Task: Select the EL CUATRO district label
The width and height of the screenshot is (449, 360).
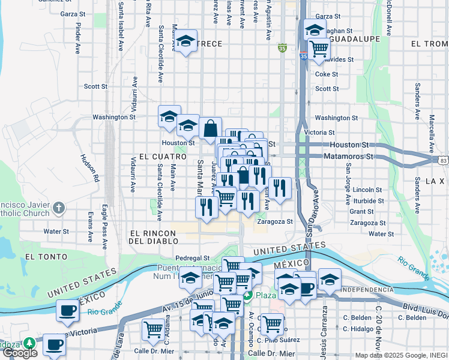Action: pyautogui.click(x=158, y=156)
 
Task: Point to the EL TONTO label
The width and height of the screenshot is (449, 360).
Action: pyautogui.click(x=40, y=256)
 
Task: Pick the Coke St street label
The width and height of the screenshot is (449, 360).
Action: pyautogui.click(x=327, y=74)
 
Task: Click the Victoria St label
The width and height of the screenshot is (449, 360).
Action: pyautogui.click(x=319, y=133)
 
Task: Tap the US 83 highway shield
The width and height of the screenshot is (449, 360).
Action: pyautogui.click(x=443, y=160)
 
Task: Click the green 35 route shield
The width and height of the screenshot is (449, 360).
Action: pyautogui.click(x=282, y=47)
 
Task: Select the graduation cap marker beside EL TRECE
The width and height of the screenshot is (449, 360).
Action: pyautogui.click(x=186, y=41)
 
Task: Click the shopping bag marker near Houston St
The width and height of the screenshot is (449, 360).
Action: pyautogui.click(x=210, y=128)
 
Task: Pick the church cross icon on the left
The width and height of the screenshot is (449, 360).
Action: pyautogui.click(x=58, y=208)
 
